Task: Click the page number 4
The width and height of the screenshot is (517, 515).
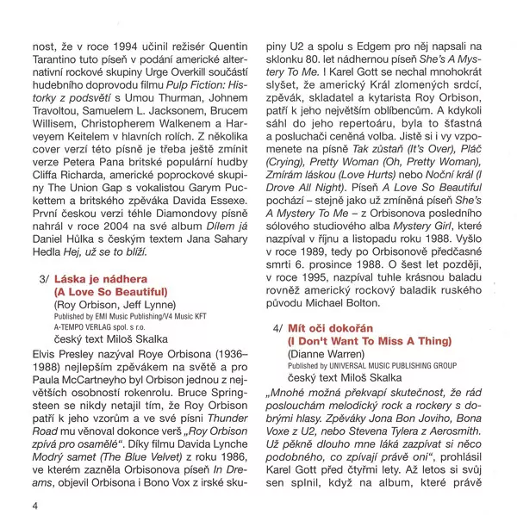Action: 36,504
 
